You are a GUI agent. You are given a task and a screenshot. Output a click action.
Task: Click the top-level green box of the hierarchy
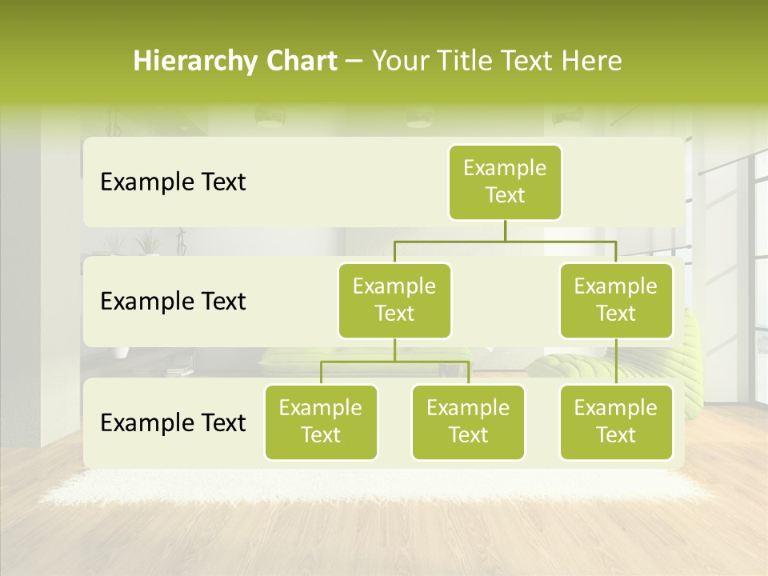click(505, 182)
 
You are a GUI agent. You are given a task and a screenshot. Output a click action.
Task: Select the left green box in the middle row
click(394, 301)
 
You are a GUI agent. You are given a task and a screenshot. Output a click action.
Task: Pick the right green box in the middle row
click(616, 301)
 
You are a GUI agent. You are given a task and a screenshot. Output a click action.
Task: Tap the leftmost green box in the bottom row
click(321, 422)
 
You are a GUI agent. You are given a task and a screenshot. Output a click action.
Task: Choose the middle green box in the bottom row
click(468, 422)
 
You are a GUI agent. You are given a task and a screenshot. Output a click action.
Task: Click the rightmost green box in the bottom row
click(616, 422)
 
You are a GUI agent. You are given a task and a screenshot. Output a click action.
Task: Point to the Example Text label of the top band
click(173, 182)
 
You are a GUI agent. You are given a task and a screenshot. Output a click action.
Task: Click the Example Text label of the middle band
click(173, 302)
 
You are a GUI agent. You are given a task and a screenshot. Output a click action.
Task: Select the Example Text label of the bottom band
click(173, 422)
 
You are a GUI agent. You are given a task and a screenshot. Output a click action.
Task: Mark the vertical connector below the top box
click(505, 230)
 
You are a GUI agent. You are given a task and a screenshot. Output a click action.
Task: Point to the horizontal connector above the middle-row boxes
click(505, 241)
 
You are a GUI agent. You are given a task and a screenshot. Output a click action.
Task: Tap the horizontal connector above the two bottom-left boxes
click(394, 362)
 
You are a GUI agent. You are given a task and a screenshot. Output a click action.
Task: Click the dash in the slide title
click(354, 62)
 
